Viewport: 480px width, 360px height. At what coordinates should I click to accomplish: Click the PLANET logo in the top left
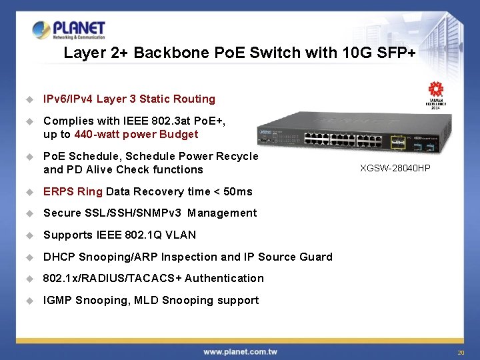pos(69,30)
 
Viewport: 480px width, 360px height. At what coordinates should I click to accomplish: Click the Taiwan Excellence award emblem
pos(435,93)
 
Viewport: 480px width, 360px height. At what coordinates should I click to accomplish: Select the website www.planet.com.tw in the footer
pos(241,351)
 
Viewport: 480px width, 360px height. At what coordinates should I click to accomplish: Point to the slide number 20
pos(460,352)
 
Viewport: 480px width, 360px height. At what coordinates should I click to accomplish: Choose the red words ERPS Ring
pos(73,191)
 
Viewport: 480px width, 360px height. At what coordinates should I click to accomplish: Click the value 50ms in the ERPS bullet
pos(238,191)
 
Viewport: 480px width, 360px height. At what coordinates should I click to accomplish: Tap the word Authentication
pos(224,278)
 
